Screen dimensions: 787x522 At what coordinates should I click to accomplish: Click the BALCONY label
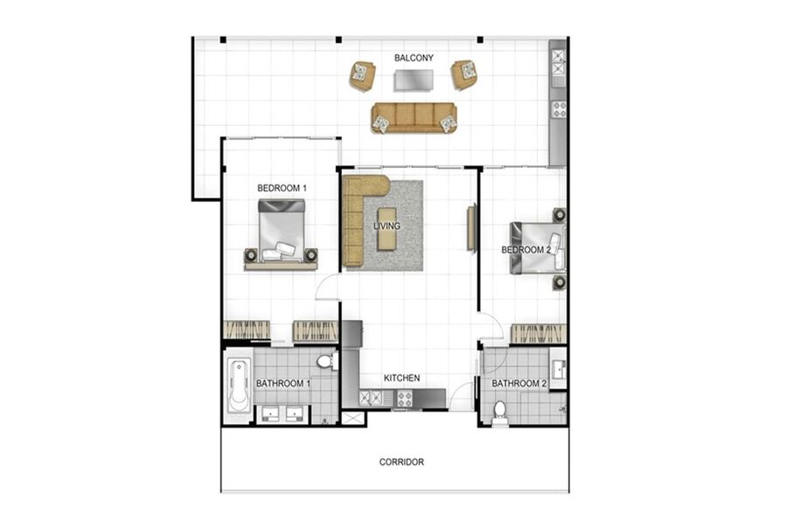tap(414, 58)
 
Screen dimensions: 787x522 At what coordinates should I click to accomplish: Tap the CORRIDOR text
tap(401, 462)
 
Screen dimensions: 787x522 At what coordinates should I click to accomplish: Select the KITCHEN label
tap(401, 378)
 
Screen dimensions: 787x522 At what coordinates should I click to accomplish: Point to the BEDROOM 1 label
tap(282, 188)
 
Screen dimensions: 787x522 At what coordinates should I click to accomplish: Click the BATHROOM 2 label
tap(519, 384)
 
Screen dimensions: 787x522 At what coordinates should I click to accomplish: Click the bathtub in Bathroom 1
tap(239, 385)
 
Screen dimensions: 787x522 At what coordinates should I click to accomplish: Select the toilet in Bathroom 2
tap(500, 413)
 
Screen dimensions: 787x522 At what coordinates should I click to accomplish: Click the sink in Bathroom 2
tap(558, 371)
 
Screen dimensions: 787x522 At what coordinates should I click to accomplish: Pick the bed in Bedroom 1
tap(281, 232)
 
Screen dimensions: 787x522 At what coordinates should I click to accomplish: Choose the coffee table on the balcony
tap(413, 80)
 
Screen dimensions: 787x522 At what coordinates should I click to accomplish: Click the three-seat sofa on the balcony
tap(414, 118)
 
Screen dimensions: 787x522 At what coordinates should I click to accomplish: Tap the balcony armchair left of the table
tap(362, 76)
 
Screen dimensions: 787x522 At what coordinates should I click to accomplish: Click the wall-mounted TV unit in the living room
tap(471, 227)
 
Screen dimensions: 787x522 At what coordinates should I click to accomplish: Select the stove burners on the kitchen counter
tap(405, 399)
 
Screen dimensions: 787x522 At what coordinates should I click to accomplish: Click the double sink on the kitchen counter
tap(371, 399)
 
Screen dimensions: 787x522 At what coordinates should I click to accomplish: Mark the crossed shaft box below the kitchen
tap(354, 419)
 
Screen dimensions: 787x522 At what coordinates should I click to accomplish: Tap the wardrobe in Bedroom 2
tap(538, 334)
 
